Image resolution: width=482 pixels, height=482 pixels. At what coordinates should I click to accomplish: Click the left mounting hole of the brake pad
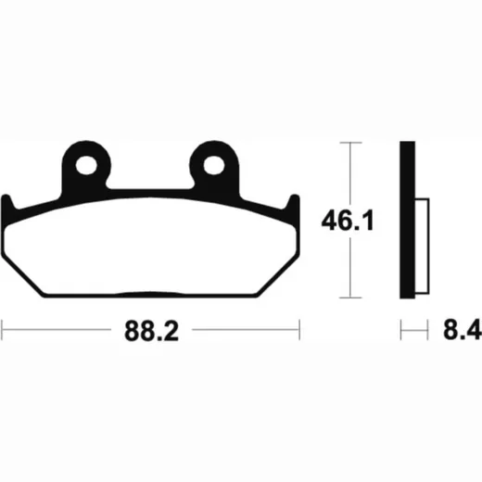[x=86, y=165]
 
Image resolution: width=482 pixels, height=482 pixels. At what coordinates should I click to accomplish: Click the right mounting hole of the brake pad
[x=214, y=165]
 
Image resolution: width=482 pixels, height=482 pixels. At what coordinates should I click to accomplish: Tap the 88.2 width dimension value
[x=151, y=331]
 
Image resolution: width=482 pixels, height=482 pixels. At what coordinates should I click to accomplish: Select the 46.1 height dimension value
[x=348, y=221]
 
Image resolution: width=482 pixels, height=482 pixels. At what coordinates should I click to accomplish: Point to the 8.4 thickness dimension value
[x=463, y=330]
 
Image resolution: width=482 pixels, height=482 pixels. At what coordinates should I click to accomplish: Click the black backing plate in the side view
[x=408, y=220]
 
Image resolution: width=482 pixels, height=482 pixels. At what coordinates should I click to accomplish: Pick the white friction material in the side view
[x=422, y=246]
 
